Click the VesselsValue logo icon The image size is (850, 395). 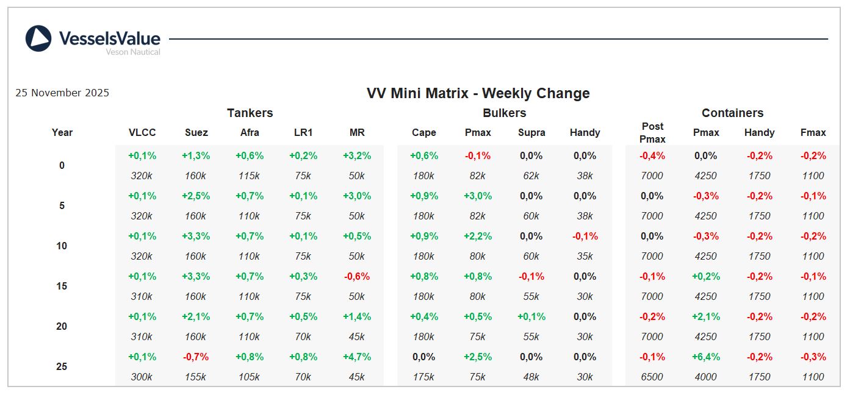point(38,38)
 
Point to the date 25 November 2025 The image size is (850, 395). point(62,93)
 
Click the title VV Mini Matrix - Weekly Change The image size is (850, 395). point(478,93)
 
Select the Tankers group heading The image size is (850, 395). point(250,113)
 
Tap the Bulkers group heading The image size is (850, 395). point(504,113)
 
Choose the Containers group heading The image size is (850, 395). point(732,113)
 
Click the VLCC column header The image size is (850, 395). point(142,132)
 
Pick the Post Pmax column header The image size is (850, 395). point(652,132)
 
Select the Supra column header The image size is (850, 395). point(531,132)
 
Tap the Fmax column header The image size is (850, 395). point(813,132)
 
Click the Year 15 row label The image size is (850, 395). point(62,286)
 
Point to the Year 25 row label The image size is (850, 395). point(62,366)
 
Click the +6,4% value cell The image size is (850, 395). point(705,357)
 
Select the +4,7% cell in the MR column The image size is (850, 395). point(357,357)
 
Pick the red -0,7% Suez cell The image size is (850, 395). point(196,357)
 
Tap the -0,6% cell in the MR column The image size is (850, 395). point(357,276)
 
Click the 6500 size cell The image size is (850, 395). point(652,377)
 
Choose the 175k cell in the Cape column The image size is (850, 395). point(423,377)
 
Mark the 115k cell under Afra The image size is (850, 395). point(250,176)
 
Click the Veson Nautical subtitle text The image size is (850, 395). point(133,52)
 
